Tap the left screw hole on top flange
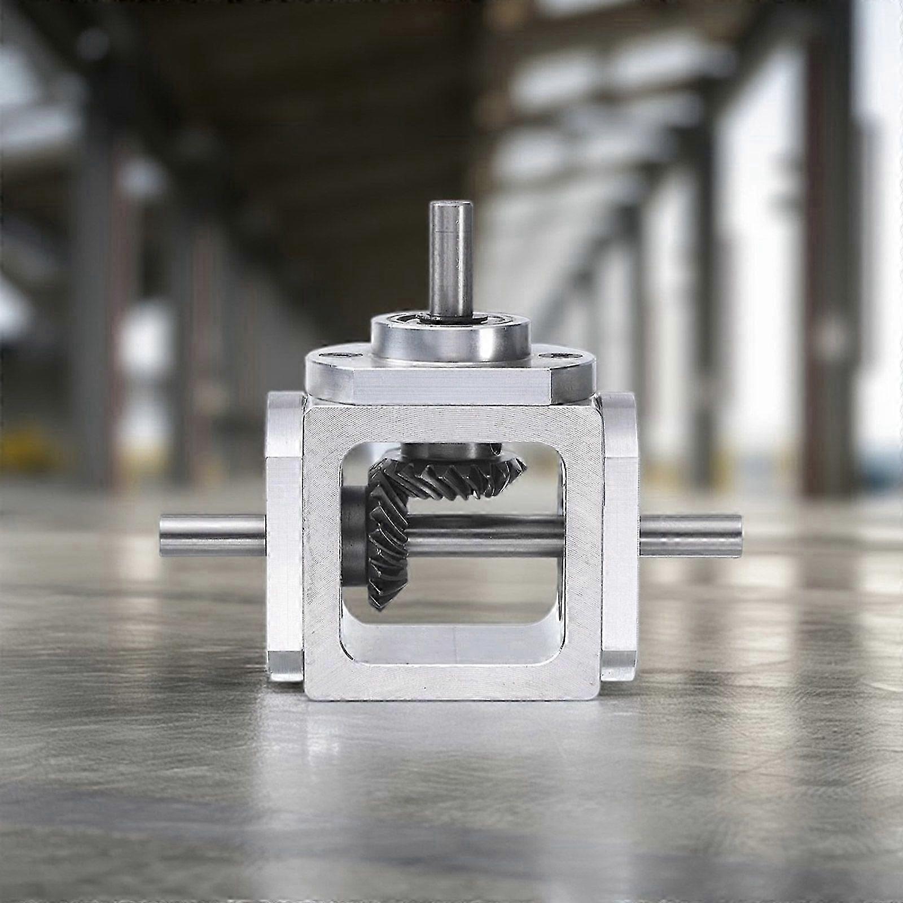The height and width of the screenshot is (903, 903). [x=342, y=356]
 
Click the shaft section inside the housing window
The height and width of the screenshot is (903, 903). [x=485, y=536]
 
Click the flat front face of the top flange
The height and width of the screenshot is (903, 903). [x=451, y=389]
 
